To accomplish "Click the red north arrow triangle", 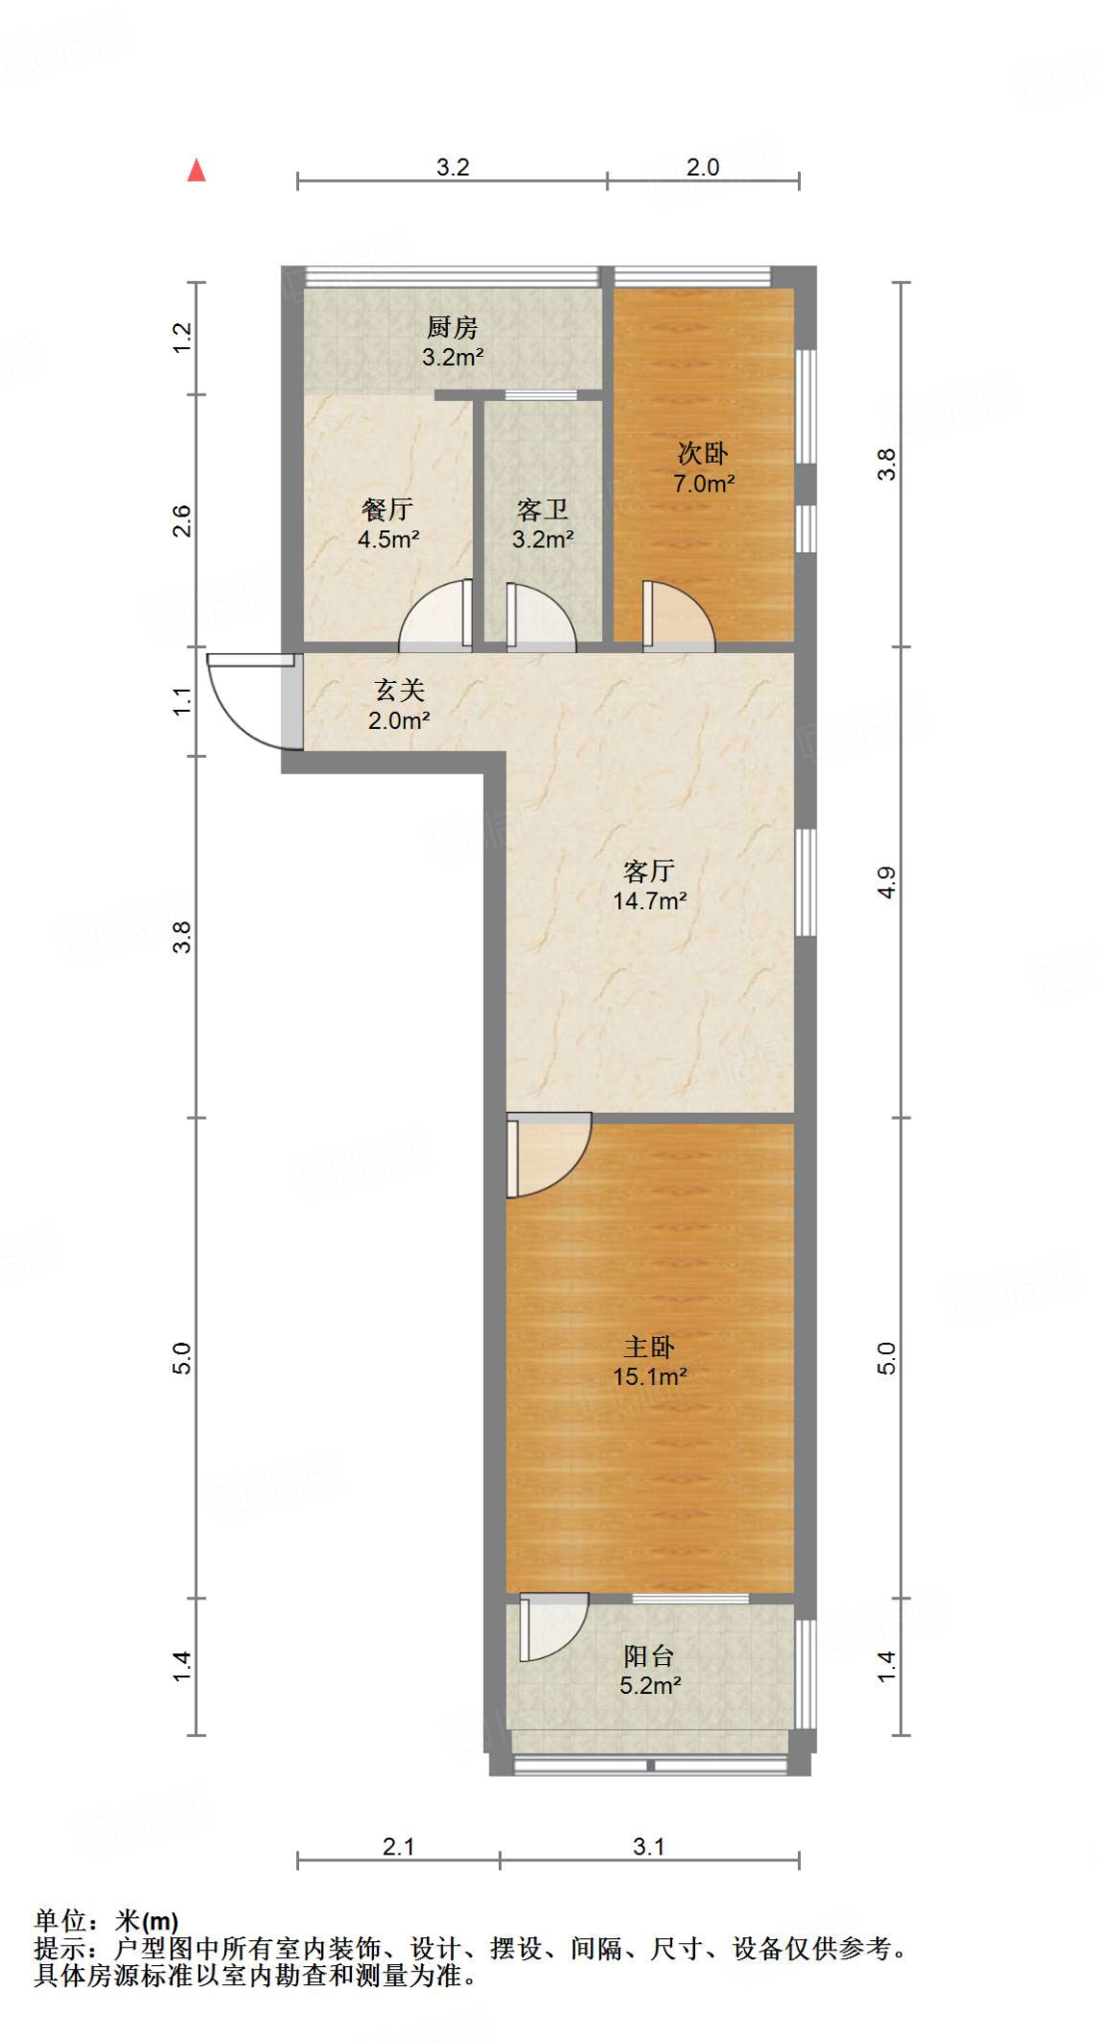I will click(196, 171).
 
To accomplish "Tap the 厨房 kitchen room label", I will click(452, 327).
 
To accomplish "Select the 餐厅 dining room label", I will click(388, 510).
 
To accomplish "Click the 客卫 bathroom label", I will click(543, 510).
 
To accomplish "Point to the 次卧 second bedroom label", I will click(703, 454).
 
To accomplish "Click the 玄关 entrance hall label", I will click(399, 690).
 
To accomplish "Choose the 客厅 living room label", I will click(649, 871).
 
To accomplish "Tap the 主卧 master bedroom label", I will click(649, 1347).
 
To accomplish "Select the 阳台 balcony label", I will click(649, 1656).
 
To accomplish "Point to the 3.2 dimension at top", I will click(453, 168).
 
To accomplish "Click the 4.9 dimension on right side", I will click(887, 882).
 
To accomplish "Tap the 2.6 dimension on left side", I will click(182, 520).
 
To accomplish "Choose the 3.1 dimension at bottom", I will click(648, 1847).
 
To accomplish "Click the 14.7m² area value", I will click(649, 901).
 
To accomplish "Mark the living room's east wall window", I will click(805, 882).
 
